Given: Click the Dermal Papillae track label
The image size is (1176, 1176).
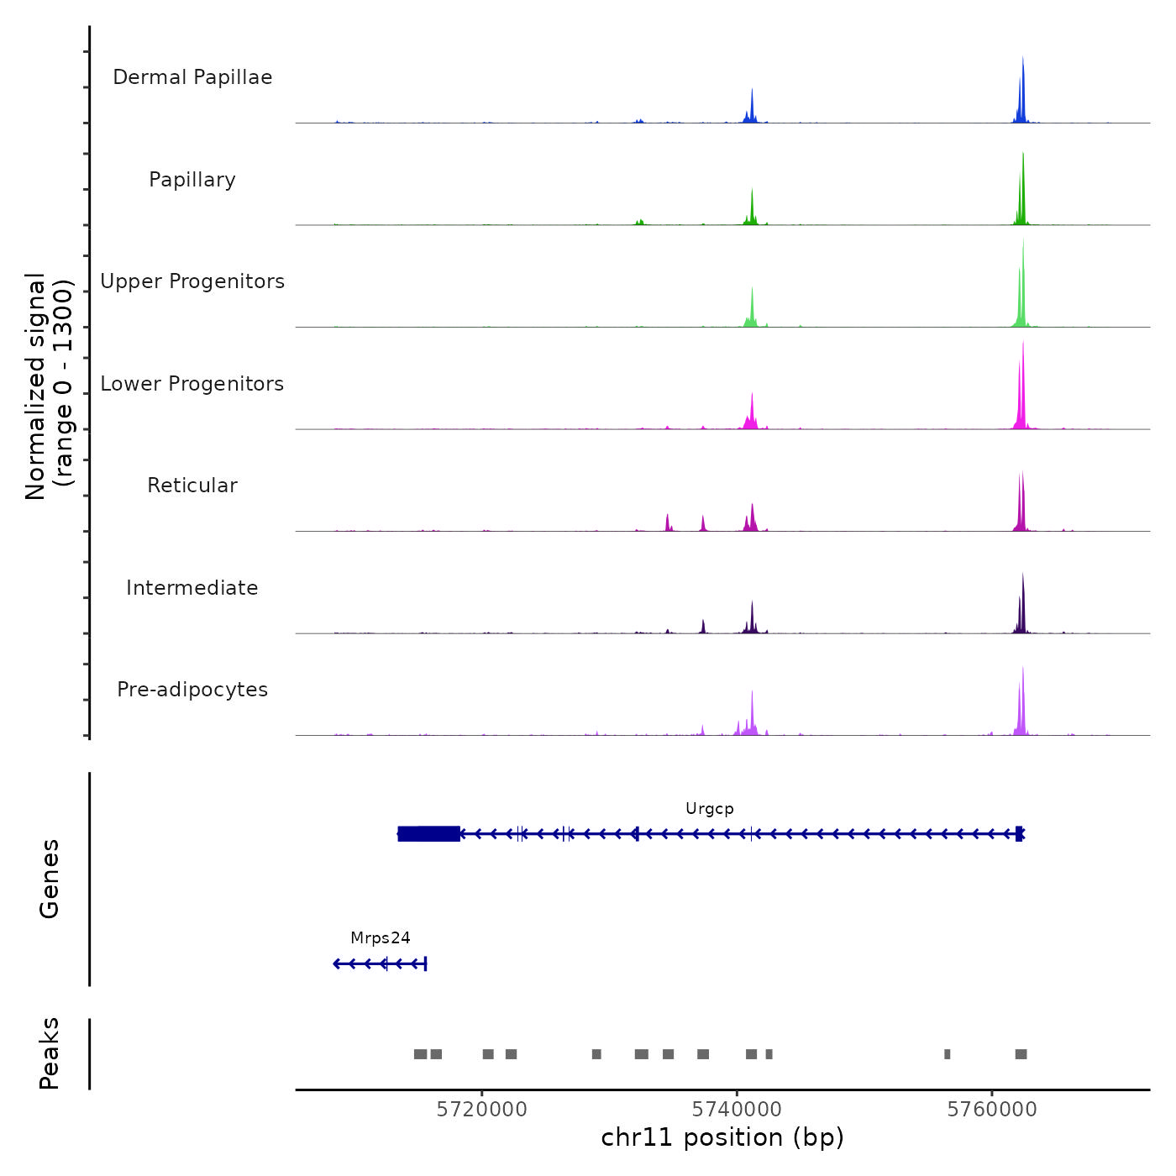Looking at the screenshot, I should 192,77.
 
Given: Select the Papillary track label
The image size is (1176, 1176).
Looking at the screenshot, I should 192,180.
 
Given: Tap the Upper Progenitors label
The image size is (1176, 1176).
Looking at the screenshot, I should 192,281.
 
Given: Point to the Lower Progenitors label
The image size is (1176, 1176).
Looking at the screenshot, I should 192,384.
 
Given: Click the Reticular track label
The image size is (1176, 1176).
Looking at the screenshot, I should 192,486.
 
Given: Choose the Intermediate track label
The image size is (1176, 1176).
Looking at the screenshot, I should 192,588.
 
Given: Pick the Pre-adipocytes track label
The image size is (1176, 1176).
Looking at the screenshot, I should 192,690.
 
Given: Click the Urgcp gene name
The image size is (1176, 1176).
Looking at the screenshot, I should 710,809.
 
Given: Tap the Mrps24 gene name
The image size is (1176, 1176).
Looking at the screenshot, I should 381,938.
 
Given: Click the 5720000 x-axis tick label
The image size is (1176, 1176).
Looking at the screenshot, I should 482,1110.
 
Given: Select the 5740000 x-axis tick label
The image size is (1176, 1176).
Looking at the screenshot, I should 737,1110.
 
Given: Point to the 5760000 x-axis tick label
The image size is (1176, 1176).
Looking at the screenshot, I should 992,1110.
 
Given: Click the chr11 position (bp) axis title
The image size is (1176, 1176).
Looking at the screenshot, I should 722,1137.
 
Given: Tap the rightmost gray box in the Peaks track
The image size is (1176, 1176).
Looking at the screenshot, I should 1021,1054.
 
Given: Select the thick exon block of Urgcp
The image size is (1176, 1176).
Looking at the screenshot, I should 428,833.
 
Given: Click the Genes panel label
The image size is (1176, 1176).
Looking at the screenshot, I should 50,879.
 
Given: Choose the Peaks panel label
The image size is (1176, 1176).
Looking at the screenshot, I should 50,1053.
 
